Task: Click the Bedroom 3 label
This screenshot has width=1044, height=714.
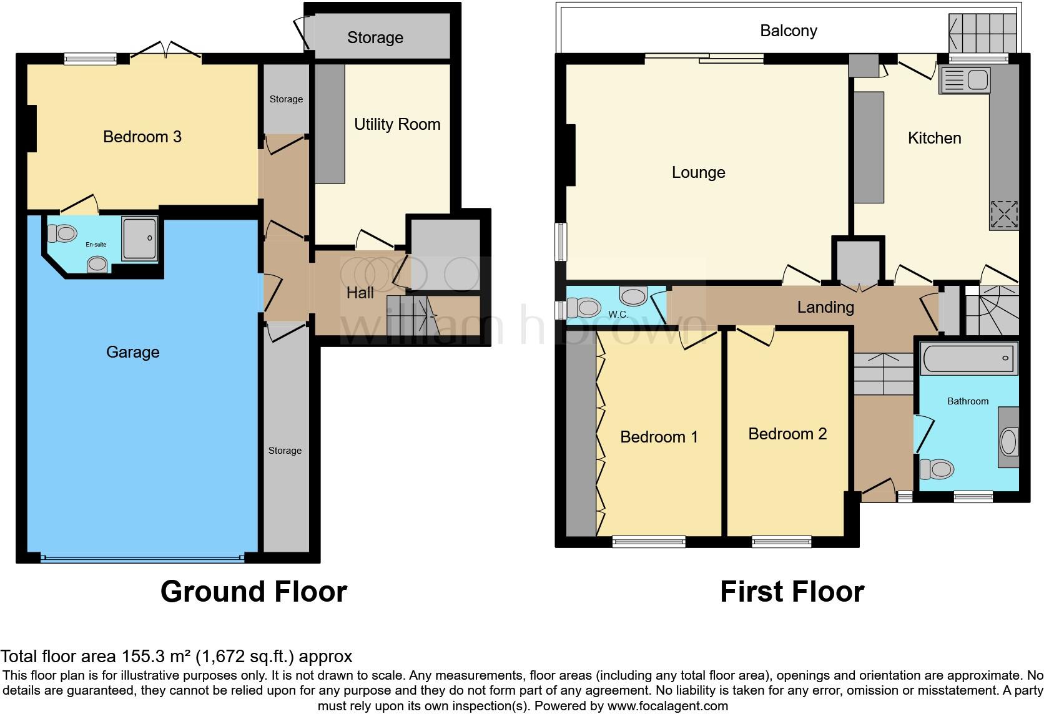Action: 142,137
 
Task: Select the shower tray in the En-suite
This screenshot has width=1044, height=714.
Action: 139,238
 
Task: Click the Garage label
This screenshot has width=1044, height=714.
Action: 132,352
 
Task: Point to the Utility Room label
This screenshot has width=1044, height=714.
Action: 397,124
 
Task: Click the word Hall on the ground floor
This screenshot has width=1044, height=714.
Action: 360,293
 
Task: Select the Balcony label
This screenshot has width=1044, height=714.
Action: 788,31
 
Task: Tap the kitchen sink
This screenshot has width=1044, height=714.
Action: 965,81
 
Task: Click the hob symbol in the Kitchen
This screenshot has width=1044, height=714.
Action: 1004,215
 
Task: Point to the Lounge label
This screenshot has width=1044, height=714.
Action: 698,172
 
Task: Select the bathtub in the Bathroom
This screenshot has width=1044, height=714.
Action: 968,359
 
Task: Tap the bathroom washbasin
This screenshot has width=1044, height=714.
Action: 1008,442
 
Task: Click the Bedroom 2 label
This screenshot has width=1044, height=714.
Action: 787,434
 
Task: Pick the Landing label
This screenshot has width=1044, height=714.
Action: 825,306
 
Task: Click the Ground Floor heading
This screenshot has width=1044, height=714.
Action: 254,591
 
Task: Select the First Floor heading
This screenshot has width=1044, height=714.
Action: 792,591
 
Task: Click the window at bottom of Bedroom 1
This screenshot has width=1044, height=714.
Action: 649,542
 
